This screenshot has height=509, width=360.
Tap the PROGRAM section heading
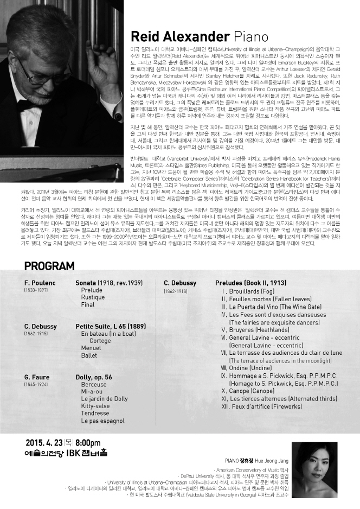49,266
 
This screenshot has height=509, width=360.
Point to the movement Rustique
93,297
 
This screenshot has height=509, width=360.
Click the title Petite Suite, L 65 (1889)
111,327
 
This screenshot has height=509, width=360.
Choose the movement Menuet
91,348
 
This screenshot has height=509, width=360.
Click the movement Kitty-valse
95,405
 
